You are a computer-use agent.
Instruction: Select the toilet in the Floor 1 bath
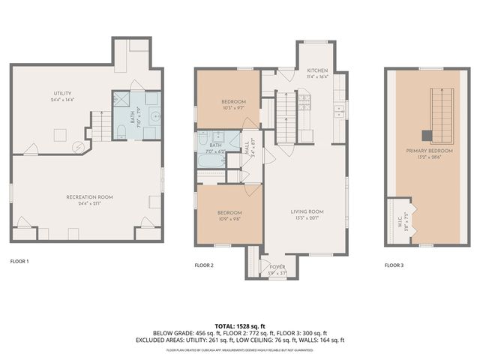(x=121, y=133)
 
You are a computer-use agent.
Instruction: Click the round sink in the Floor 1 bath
(x=154, y=116)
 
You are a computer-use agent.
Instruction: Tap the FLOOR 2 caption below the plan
(x=205, y=265)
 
